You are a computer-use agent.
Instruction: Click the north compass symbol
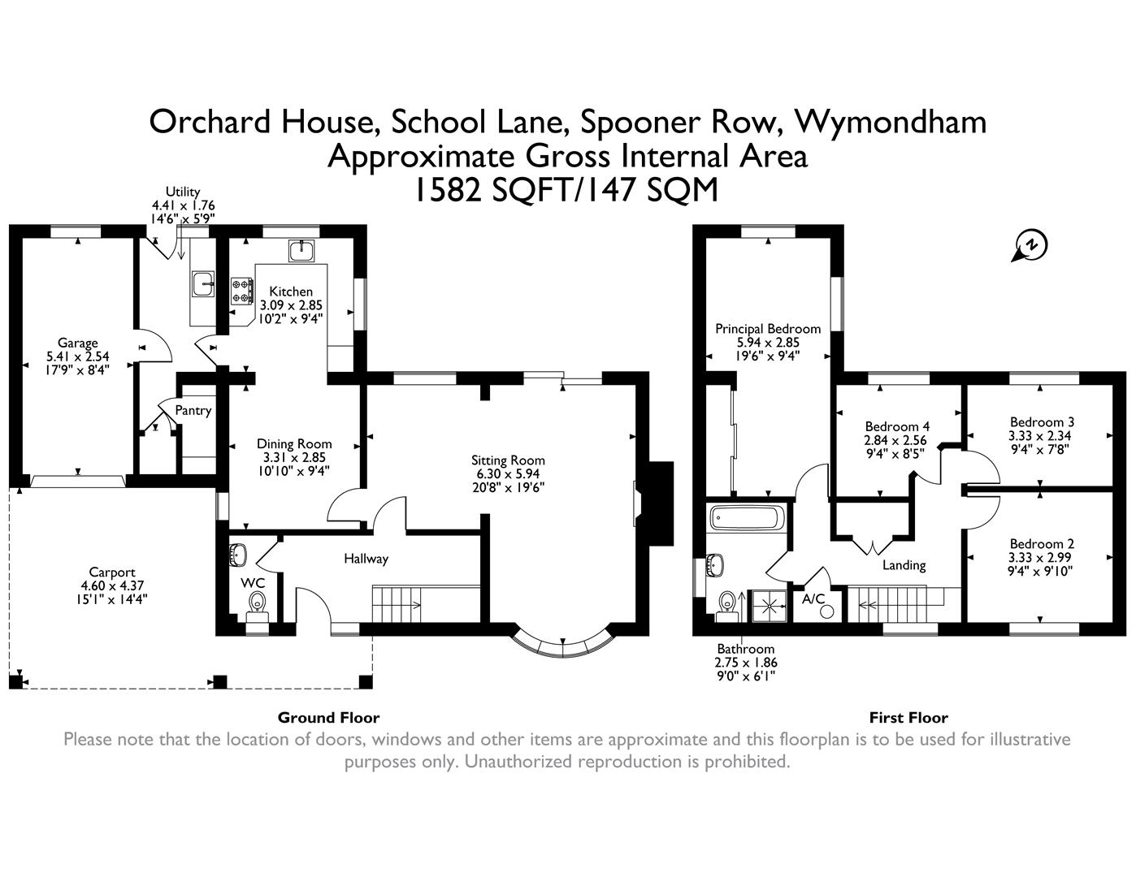click(1030, 245)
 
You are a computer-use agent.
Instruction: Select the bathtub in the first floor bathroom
click(746, 517)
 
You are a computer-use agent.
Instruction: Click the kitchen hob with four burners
click(242, 291)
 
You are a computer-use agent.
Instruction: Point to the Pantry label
click(193, 411)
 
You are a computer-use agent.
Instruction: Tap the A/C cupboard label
click(813, 599)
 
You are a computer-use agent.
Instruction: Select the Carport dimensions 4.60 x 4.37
click(112, 585)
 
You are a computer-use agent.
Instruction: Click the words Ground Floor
click(328, 718)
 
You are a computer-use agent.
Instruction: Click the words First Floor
click(908, 718)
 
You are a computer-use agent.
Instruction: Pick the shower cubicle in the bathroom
click(767, 606)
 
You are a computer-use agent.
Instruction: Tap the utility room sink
click(202, 284)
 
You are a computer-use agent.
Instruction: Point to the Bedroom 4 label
click(897, 427)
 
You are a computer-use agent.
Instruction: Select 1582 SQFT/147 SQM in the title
click(567, 191)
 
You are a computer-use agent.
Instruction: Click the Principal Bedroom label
click(767, 329)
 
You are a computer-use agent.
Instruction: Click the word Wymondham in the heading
click(891, 122)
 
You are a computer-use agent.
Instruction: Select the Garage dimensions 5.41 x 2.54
click(78, 356)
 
